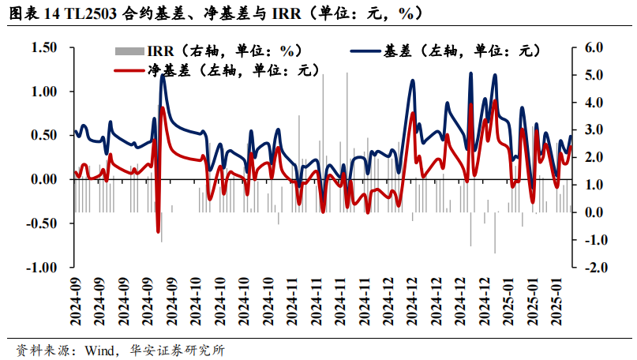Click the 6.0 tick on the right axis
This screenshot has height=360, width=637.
591,48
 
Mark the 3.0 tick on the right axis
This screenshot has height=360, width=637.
591,130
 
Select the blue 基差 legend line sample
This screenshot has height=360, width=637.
365,51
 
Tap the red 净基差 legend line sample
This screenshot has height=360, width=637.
129,71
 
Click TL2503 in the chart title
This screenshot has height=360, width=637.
99,13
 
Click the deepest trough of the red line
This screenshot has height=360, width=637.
158,232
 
